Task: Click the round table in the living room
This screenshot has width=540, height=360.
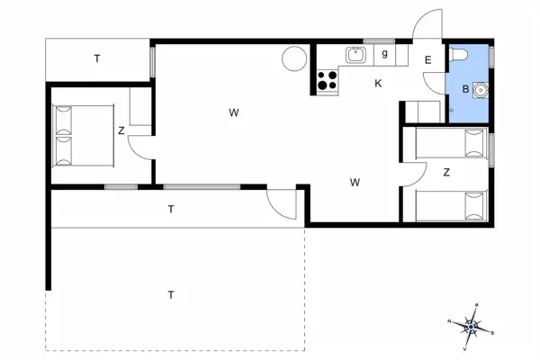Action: tap(293, 58)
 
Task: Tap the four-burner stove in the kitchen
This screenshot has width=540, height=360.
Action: tap(327, 82)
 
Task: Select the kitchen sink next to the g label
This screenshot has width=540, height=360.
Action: tap(356, 56)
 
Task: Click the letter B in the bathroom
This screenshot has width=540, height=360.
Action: tap(465, 89)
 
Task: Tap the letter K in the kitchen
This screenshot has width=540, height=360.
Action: tap(379, 83)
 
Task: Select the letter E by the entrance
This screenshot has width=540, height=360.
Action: tap(428, 60)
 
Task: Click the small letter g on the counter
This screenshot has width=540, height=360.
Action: tap(384, 54)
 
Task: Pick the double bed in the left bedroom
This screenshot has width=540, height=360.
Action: tap(83, 135)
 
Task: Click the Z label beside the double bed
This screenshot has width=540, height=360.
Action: tap(121, 130)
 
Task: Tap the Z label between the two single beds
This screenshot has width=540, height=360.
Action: tap(446, 173)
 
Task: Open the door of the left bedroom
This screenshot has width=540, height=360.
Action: tap(140, 146)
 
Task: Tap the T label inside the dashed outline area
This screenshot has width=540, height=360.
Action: tap(170, 294)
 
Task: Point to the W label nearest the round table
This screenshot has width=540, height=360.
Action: tap(233, 112)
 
